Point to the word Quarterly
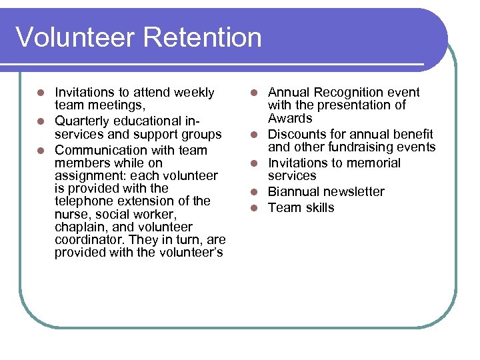[84, 121]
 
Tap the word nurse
[71, 214]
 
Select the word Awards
[290, 119]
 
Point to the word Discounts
[299, 135]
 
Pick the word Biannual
[296, 192]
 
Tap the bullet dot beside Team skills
[254, 208]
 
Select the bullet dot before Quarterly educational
[41, 121]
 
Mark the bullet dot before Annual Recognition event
[254, 93]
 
